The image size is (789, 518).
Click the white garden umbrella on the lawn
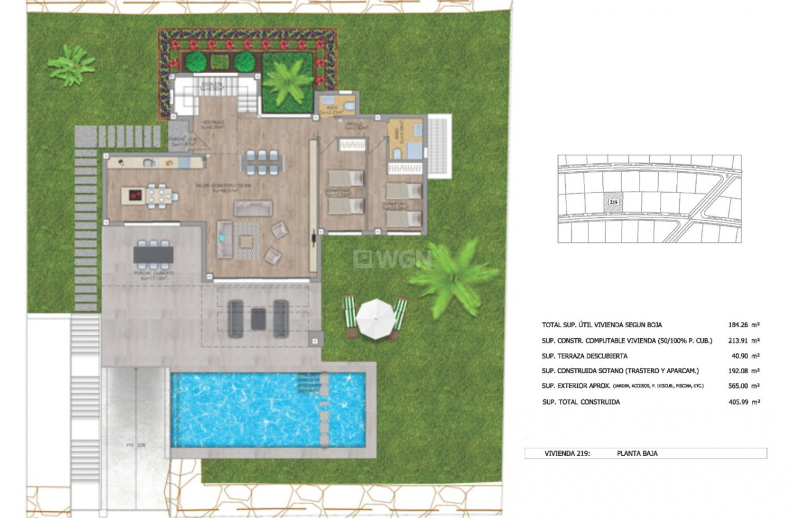click(374, 314)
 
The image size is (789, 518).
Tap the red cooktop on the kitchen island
click(134, 195)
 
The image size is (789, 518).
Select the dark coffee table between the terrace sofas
click(259, 318)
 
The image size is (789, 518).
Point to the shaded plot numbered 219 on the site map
click(613, 203)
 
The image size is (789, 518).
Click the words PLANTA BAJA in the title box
click(637, 454)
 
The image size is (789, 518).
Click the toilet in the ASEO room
click(349, 106)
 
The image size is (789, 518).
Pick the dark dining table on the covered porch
click(154, 255)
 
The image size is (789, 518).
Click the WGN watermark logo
click(393, 259)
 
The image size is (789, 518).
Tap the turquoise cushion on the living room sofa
click(223, 237)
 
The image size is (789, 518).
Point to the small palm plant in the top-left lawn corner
click(71, 64)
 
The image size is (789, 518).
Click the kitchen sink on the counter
click(149, 163)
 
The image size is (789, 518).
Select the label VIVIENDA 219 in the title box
click(567, 454)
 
